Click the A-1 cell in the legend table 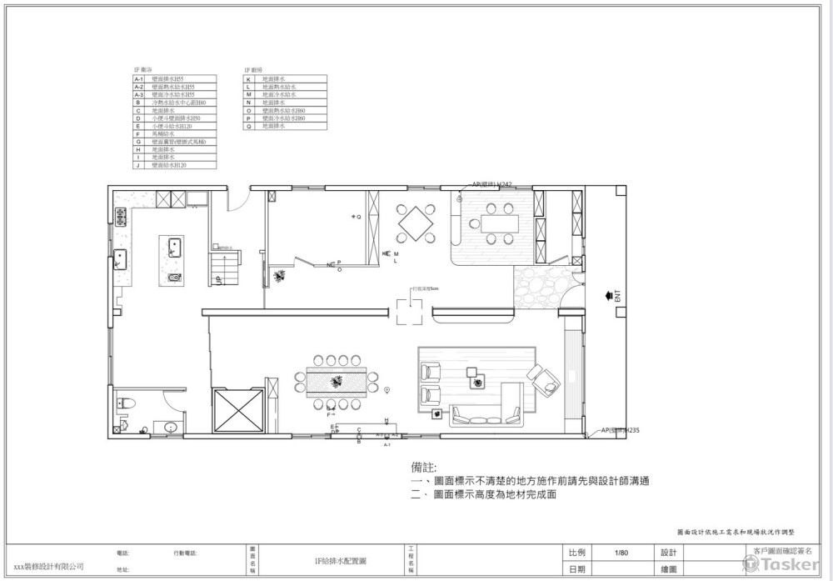[x=139, y=78]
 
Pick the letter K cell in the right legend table [x=248, y=78]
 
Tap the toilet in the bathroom [x=126, y=403]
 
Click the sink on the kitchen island [x=175, y=246]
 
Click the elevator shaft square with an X [x=238, y=412]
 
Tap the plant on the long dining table [x=337, y=382]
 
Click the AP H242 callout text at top [x=491, y=183]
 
